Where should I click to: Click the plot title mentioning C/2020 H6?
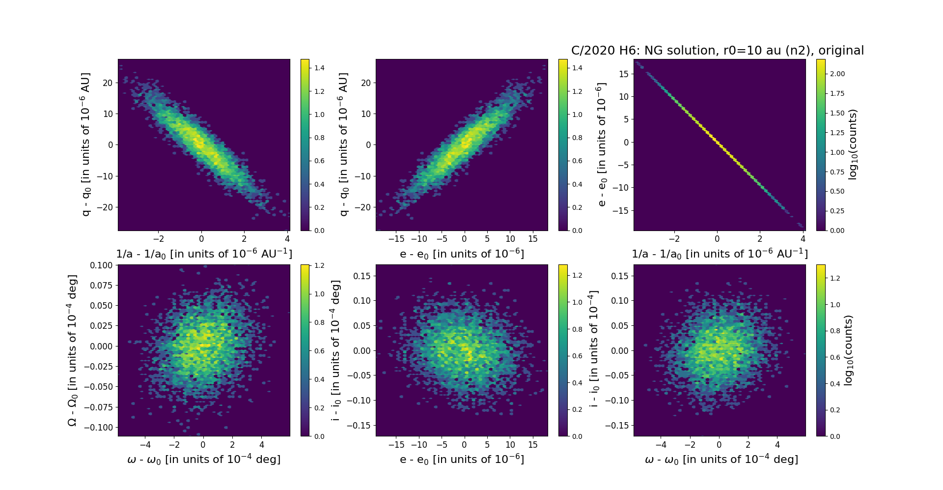click(x=717, y=51)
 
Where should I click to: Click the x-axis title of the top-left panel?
click(x=204, y=254)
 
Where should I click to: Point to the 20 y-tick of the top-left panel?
click(x=108, y=83)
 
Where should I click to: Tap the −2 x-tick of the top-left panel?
click(x=158, y=239)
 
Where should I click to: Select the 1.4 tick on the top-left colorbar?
click(x=319, y=68)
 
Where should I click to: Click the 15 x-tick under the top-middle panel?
click(x=533, y=239)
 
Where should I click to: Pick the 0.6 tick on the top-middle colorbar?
click(x=577, y=161)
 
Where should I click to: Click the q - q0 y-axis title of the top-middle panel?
click(x=343, y=144)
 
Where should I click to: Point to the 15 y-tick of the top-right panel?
click(x=623, y=74)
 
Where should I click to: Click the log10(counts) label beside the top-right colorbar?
click(x=853, y=144)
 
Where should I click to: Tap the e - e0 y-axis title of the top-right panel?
click(x=601, y=144)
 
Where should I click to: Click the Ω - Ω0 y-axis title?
click(x=72, y=350)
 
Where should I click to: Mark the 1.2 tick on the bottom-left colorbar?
click(x=319, y=265)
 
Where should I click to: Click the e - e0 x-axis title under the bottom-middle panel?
click(x=462, y=460)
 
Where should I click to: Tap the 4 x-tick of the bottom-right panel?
click(x=777, y=445)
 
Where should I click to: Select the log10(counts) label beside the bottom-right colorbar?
click(x=848, y=350)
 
